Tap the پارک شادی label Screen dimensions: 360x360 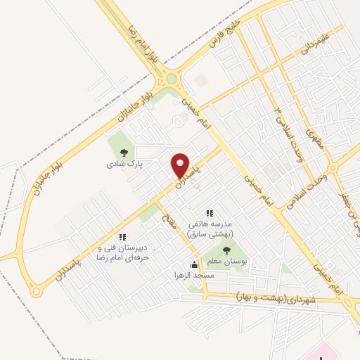tap(124, 164)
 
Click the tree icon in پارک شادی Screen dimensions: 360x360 tap(124, 152)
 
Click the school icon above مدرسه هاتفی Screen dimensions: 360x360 tap(209, 212)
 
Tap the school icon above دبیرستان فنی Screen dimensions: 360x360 tap(122, 237)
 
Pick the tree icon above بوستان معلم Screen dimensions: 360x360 tap(226, 250)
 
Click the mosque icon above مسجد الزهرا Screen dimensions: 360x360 tap(194, 265)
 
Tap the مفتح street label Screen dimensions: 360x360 tap(168, 218)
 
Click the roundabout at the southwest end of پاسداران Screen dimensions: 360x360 tap(35, 289)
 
